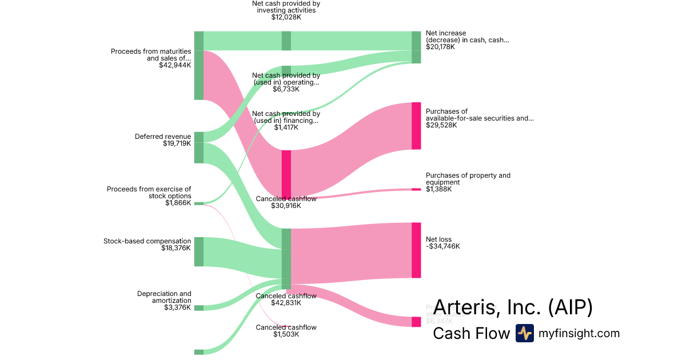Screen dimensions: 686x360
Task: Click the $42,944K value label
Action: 175,66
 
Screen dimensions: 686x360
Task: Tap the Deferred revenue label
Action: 163,137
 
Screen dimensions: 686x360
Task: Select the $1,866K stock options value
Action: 178,203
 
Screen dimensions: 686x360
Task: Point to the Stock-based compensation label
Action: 147,241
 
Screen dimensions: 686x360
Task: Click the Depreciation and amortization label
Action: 164,297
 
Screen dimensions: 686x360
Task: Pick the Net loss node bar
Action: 416,250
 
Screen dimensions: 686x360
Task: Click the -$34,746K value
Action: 443,246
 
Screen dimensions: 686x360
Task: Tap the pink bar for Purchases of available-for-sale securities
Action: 416,126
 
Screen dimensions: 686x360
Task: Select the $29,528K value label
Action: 441,125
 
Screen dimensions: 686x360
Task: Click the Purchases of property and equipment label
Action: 468,179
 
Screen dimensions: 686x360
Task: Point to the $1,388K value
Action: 438,189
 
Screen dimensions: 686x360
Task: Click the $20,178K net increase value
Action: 440,47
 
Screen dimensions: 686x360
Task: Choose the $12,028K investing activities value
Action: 286,17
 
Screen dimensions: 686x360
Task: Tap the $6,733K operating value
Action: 286,89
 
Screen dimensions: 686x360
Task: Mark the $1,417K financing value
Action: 286,127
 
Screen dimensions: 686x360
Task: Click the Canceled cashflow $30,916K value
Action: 286,206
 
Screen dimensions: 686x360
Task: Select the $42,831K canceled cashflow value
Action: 286,303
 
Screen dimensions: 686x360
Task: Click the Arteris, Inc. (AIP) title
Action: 513,307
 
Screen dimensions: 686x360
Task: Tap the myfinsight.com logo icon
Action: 524,333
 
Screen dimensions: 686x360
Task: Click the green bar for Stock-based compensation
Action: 199,251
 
